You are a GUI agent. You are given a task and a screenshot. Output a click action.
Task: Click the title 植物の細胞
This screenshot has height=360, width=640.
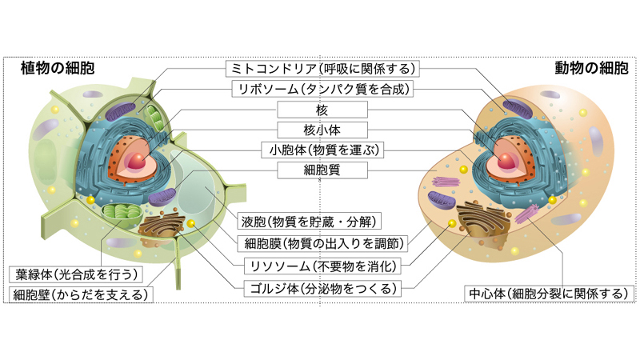tap(58, 68)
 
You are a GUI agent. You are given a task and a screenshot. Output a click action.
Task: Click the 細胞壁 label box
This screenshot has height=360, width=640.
tap(81, 294)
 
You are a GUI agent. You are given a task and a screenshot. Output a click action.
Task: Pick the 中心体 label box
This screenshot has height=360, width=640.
tap(546, 294)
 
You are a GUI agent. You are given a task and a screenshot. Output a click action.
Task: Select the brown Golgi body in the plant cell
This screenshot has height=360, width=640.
tap(165, 232)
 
